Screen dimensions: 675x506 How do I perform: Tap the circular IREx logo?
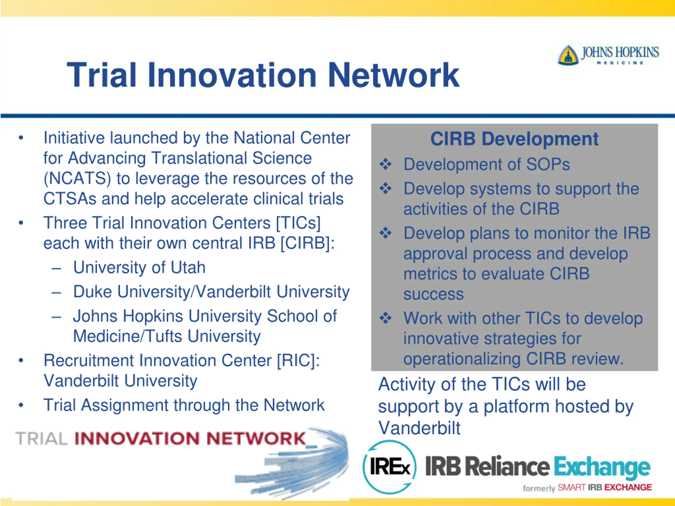[x=389, y=467]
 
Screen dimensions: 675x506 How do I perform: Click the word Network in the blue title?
[x=393, y=75]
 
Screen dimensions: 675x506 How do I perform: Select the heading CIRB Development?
[x=514, y=139]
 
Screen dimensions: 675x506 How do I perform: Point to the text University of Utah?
[x=139, y=267]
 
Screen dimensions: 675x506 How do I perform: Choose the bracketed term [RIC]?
[x=298, y=361]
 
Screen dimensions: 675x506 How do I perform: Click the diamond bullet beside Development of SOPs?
[x=385, y=164]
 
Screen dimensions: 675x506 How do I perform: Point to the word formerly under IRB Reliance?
[x=539, y=488]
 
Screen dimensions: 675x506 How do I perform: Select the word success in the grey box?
[x=433, y=294]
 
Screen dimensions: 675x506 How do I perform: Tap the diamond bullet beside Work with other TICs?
[x=385, y=318]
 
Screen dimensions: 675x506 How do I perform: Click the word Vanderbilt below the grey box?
[x=419, y=428]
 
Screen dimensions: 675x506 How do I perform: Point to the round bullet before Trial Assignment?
[x=21, y=405]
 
